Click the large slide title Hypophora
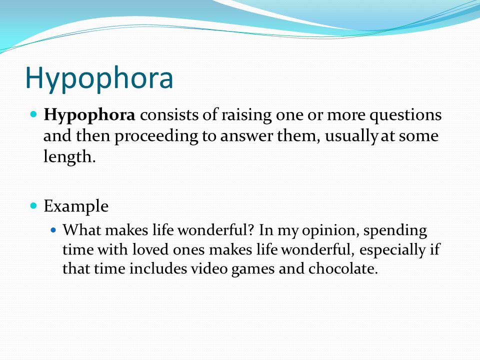[99, 77]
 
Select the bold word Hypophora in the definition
[89, 115]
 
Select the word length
[68, 157]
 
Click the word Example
[76, 206]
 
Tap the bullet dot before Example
[34, 205]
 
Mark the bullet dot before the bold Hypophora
[34, 115]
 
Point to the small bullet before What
[54, 231]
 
